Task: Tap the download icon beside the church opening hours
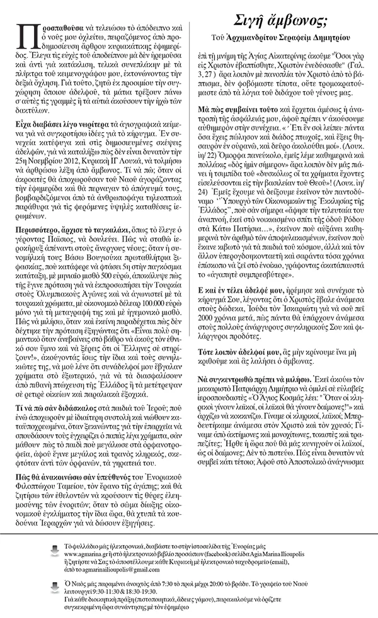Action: (x=54, y=587)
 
